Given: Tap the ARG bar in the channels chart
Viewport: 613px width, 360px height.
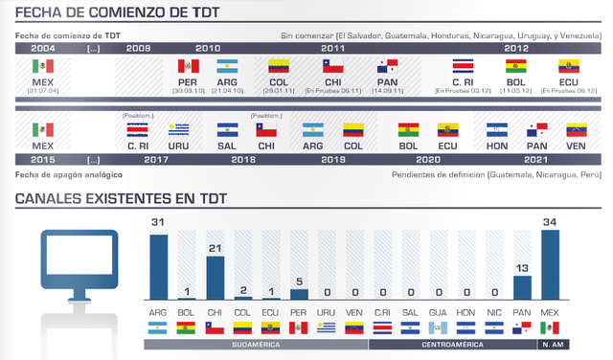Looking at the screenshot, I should click(158, 268).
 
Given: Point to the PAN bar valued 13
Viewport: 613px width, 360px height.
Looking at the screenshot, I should click(522, 289).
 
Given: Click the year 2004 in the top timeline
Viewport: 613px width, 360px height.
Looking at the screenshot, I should click(42, 47).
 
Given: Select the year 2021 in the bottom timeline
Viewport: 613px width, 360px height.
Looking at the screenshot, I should click(537, 160).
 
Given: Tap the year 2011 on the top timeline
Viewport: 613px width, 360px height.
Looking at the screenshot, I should click(333, 47).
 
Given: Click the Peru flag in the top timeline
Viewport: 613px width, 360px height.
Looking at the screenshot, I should click(188, 67).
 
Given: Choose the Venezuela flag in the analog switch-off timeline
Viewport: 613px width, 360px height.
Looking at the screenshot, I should click(577, 129).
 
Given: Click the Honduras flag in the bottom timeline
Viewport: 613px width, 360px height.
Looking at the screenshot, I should click(496, 129).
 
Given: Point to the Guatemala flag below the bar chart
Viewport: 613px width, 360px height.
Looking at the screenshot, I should click(437, 327).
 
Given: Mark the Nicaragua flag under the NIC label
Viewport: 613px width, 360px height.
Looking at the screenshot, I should click(494, 327).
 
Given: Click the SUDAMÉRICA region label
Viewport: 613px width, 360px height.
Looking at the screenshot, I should click(256, 344).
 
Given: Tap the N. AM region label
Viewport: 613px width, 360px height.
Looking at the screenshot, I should click(551, 344).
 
